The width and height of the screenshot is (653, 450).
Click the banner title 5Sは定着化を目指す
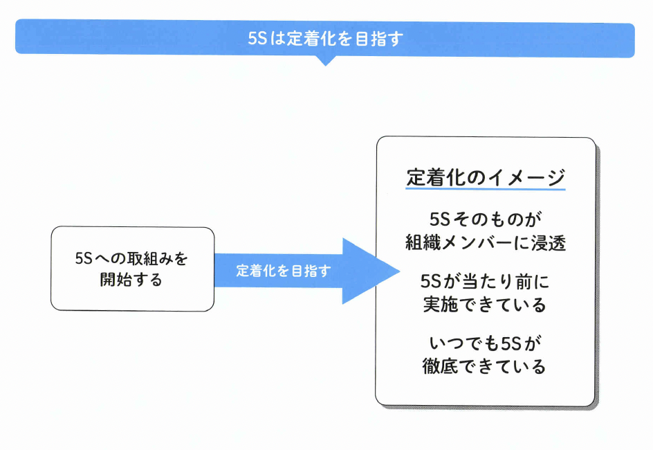(x=325, y=39)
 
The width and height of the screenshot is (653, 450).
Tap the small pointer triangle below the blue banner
(x=325, y=61)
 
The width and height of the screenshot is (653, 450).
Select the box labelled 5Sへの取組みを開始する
(x=132, y=269)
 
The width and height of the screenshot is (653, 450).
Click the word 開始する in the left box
(x=131, y=280)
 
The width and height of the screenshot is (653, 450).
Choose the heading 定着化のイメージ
(x=486, y=177)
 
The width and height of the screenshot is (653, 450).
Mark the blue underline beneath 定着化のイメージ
(x=486, y=190)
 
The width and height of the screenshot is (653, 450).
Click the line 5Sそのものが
(x=485, y=219)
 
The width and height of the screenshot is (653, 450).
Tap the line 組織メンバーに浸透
(x=485, y=242)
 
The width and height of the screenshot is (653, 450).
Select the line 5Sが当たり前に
(x=485, y=282)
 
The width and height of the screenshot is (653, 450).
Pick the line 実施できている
(x=485, y=305)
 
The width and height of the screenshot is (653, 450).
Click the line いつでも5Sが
(x=485, y=343)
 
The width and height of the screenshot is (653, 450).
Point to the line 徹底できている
(x=485, y=366)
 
